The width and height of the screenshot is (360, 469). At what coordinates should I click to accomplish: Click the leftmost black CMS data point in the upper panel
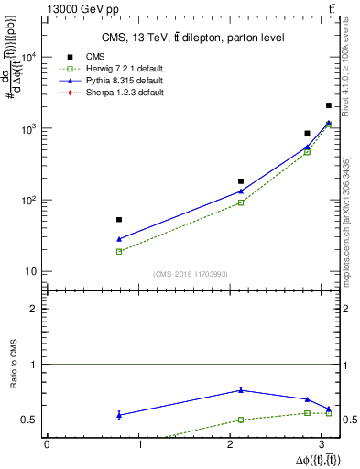point(119,220)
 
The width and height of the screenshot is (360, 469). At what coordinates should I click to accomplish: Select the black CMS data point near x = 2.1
point(241,181)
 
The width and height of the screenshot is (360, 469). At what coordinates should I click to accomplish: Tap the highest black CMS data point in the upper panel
point(329,106)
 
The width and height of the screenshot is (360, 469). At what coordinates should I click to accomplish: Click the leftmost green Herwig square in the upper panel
point(119,251)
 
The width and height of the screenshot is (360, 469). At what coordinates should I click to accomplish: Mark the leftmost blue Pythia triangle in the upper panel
point(119,239)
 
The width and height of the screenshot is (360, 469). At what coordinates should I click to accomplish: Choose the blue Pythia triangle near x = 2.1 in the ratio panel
point(241,390)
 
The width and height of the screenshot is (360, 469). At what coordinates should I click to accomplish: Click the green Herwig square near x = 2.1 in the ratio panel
point(241,420)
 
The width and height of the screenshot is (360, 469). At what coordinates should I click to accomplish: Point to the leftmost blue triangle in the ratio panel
point(119,415)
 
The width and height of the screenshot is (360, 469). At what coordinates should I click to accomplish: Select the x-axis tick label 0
point(47,444)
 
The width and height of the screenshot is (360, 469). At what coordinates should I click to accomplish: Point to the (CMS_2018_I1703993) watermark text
point(190,274)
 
